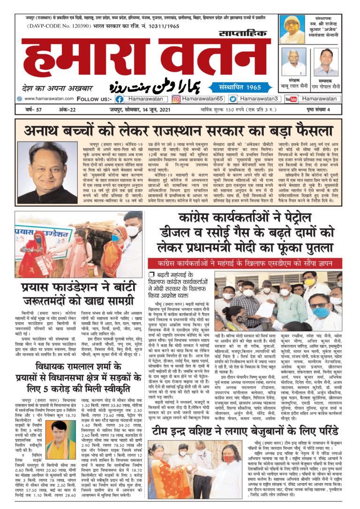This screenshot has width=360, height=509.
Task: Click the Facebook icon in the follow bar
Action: [x=120, y=99]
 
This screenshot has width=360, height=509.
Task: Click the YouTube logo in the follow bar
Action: [x=291, y=99]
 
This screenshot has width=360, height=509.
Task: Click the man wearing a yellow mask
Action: [x=310, y=283]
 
